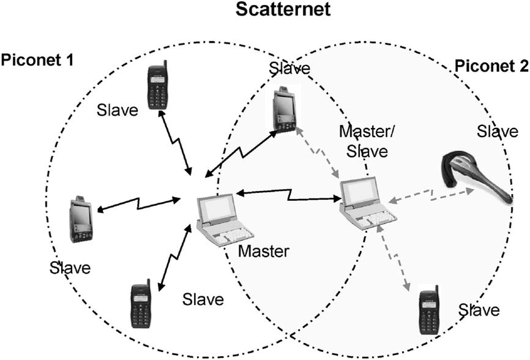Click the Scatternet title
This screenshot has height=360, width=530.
coord(283,9)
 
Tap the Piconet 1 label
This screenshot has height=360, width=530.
coord(37,60)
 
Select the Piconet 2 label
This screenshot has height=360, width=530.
coord(492,66)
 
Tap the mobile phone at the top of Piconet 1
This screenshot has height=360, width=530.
coord(158,86)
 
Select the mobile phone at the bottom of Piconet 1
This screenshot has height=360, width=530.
coord(141,304)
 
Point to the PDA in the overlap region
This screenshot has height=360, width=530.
coord(285,109)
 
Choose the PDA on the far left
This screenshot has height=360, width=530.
coord(81,219)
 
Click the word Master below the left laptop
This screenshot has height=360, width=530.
coord(264,251)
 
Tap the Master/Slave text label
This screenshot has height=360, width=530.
coord(367,141)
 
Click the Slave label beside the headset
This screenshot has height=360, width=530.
coord(497,131)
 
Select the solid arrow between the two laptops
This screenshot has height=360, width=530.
coord(288,195)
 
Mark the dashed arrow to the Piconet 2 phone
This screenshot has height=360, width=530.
coord(394,258)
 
